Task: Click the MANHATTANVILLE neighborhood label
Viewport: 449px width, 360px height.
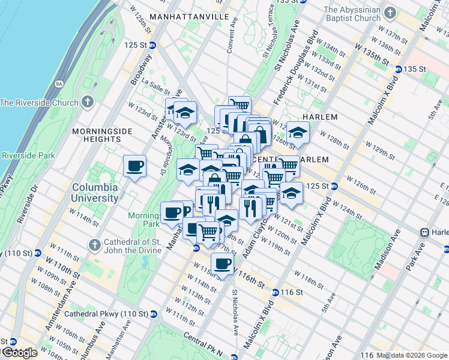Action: point(189,16)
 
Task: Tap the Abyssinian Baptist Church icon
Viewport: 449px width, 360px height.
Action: point(390,13)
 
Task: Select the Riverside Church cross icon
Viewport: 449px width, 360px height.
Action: point(88,102)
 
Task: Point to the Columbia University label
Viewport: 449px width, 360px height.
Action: point(95,193)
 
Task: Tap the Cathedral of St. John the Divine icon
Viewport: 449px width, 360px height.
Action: point(94,245)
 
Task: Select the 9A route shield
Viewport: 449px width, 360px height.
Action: point(59,85)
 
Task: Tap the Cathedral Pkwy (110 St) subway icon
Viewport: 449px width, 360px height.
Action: point(153,313)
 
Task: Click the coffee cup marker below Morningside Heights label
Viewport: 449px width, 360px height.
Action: point(134,166)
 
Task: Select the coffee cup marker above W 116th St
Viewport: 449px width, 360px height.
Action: point(223,263)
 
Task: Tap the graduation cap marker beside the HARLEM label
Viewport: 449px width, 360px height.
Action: point(297,133)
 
